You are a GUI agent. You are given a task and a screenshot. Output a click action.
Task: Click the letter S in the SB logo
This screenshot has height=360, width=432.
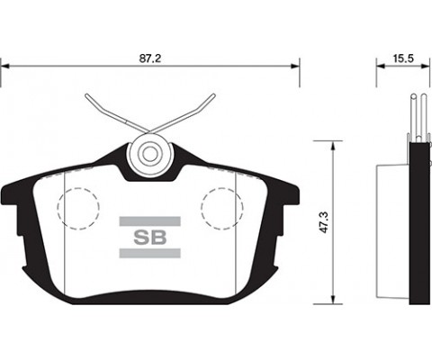[142, 238]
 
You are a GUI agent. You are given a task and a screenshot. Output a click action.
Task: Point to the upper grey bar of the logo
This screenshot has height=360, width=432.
[149, 220]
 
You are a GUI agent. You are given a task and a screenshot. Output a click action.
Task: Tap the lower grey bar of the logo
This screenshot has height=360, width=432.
[149, 257]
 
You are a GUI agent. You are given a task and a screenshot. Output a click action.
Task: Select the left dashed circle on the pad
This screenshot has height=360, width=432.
[79, 208]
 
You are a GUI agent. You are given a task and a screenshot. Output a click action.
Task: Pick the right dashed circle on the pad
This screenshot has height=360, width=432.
[221, 208]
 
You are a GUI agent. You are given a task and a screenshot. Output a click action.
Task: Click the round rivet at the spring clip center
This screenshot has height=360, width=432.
[149, 152]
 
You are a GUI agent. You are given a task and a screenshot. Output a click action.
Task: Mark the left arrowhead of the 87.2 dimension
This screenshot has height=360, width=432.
[6, 66]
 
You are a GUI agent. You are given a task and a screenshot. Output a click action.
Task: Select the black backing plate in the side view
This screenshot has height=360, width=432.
[416, 225]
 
